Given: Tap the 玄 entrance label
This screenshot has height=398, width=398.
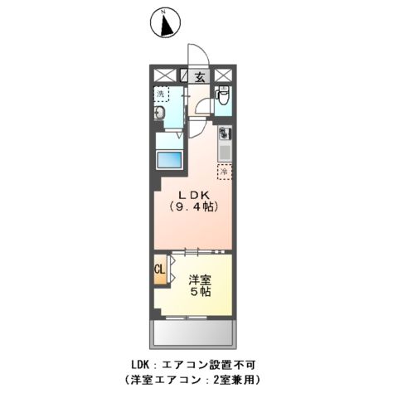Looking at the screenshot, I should point(200,77).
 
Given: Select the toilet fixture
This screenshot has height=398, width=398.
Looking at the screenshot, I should point(221,99).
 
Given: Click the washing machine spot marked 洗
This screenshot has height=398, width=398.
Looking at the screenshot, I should point(161,94).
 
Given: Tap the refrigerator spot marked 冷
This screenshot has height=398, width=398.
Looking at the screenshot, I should point(223,172).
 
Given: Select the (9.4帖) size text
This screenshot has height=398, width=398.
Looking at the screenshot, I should point(194,207).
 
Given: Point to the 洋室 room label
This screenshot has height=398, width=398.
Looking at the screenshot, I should point(198,279).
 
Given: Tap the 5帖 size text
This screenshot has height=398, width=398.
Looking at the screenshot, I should point(198,292).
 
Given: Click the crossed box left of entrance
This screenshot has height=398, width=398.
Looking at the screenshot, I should point(164,75).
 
